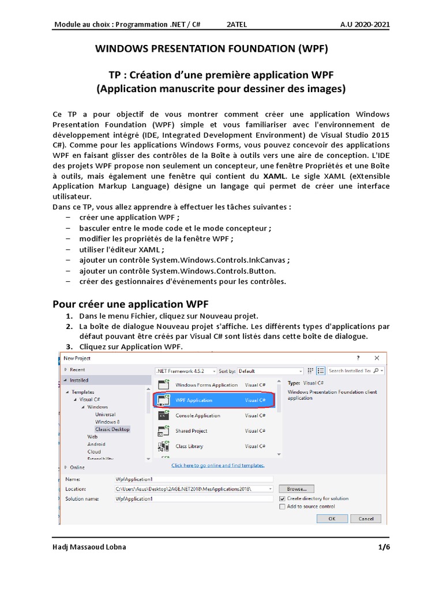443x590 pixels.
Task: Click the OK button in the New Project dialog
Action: pyautogui.click(x=331, y=518)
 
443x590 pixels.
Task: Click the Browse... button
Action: pyautogui.click(x=296, y=489)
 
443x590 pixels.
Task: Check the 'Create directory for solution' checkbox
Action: pyautogui.click(x=282, y=498)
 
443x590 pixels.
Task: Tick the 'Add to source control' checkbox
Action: pyautogui.click(x=282, y=506)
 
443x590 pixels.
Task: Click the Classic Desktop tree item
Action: pyautogui.click(x=112, y=429)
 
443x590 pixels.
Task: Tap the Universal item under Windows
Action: pyautogui.click(x=105, y=414)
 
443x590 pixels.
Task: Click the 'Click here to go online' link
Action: pyautogui.click(x=218, y=465)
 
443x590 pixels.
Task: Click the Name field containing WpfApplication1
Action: pyautogui.click(x=193, y=479)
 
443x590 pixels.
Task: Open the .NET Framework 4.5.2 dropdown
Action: pyautogui.click(x=186, y=371)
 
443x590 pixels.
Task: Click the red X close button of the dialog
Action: pyautogui.click(x=377, y=358)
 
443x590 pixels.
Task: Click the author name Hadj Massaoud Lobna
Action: pyautogui.click(x=89, y=547)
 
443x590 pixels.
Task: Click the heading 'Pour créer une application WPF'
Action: pyautogui.click(x=130, y=304)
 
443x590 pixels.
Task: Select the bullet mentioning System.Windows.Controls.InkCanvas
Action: pyautogui.click(x=185, y=260)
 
